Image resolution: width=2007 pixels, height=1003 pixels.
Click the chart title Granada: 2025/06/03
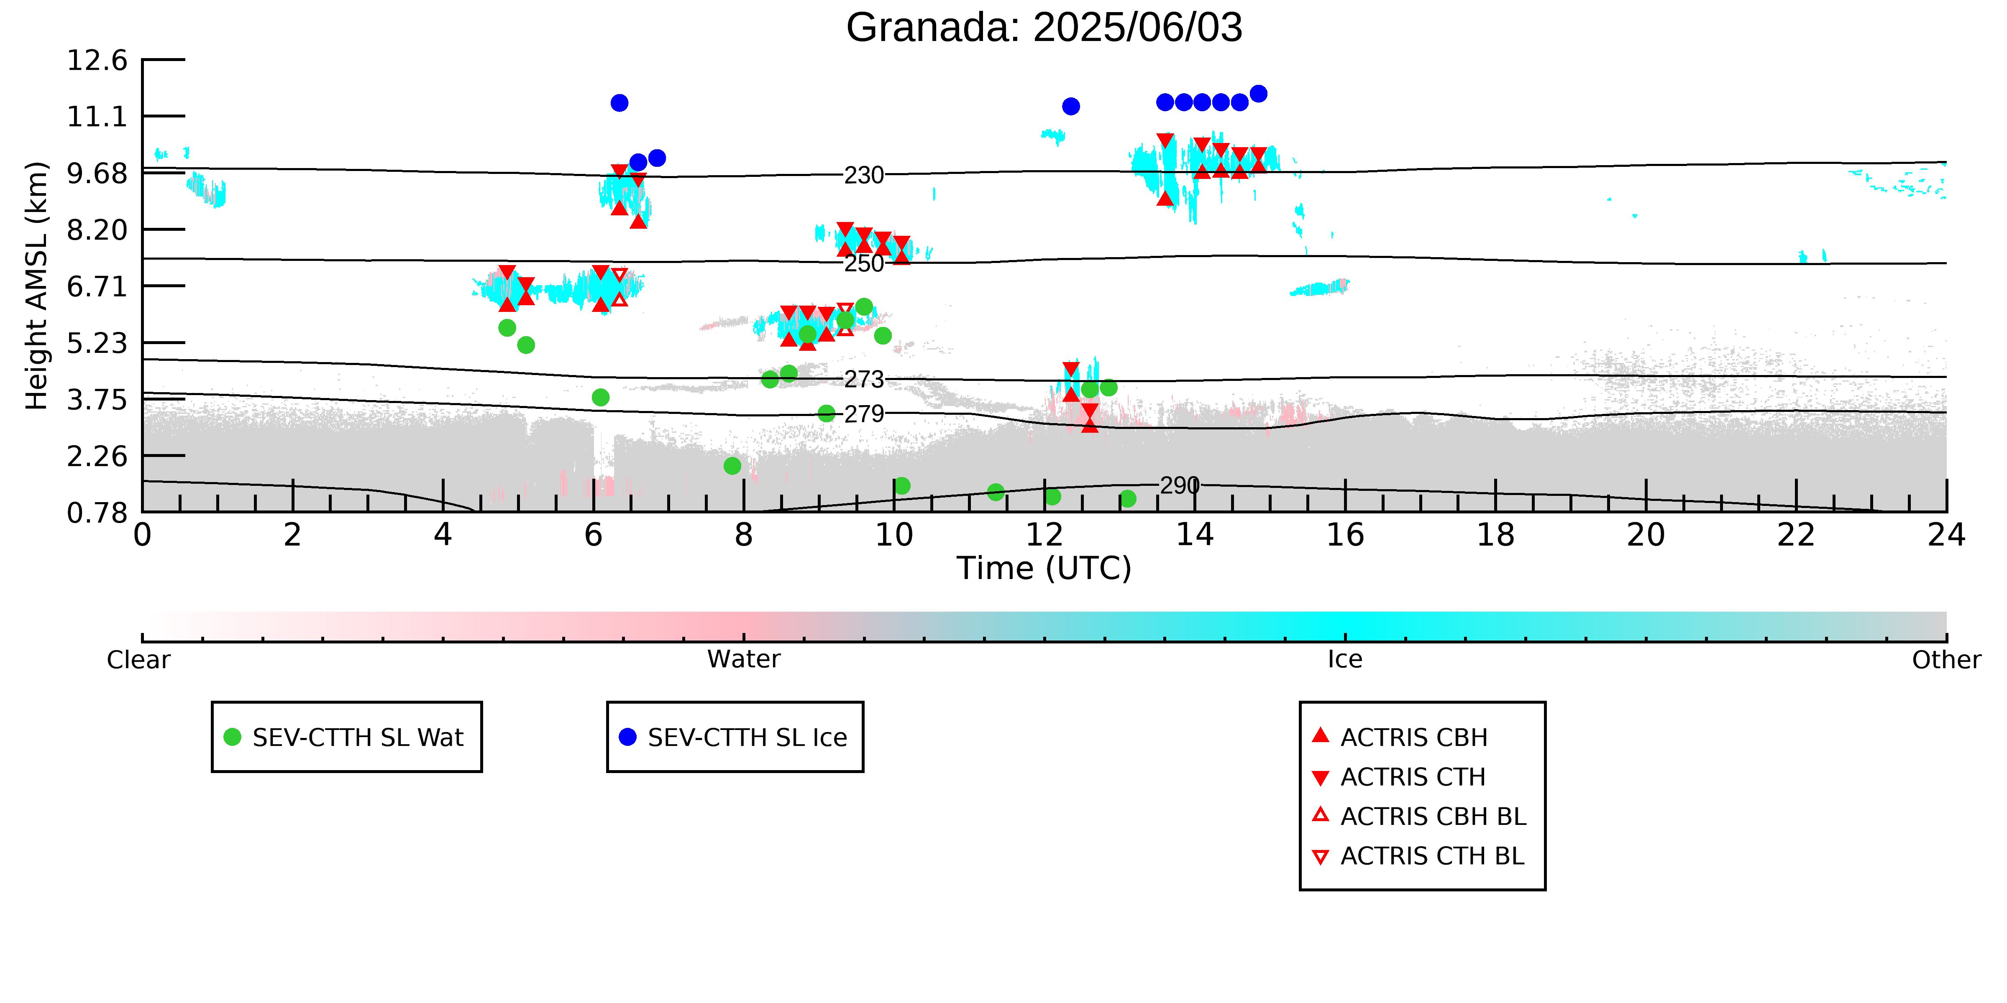coord(1044,28)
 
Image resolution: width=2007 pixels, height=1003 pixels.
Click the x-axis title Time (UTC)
coord(1044,569)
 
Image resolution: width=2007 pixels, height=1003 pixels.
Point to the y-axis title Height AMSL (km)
coord(37,286)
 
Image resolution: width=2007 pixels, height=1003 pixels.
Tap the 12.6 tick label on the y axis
coord(97,60)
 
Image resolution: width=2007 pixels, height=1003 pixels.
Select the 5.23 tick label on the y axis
coord(97,343)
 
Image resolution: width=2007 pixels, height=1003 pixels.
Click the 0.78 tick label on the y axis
coord(97,513)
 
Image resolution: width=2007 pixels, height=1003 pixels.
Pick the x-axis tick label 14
coord(1194,535)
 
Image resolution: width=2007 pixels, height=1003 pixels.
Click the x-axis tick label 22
coord(1796,535)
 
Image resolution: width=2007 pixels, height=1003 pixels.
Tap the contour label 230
coord(864,175)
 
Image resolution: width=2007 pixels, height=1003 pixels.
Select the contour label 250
coord(864,263)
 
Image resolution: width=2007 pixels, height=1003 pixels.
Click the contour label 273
coord(864,379)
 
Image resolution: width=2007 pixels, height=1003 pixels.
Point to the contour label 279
coord(864,413)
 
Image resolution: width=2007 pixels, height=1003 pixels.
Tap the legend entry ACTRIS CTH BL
coord(1418,856)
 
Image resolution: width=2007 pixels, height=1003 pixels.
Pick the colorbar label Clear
coord(139,660)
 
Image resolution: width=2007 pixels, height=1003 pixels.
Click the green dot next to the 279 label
coord(827,413)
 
